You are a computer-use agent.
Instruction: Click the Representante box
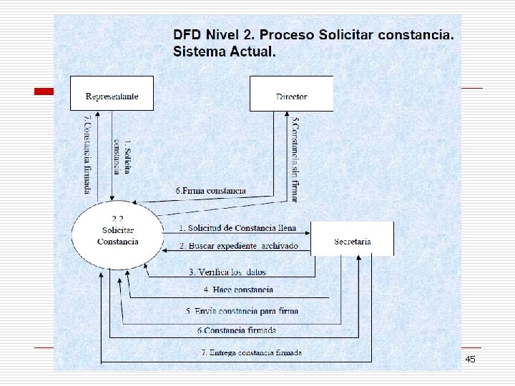click(112, 93)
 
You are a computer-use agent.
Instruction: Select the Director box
click(291, 94)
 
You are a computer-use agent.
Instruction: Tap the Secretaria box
click(352, 239)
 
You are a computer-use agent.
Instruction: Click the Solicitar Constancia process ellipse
click(117, 235)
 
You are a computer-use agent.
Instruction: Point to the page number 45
click(471, 359)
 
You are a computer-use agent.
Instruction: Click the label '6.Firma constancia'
click(210, 191)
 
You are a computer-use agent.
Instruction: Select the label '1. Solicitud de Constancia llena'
click(237, 228)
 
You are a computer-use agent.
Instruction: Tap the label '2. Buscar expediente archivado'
click(238, 246)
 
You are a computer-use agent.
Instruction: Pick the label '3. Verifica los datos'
click(227, 272)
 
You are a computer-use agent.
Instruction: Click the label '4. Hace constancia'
click(238, 289)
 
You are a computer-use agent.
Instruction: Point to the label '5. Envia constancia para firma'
click(242, 311)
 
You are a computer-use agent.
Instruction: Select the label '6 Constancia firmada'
click(237, 330)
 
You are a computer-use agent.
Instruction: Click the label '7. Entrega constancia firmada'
click(252, 353)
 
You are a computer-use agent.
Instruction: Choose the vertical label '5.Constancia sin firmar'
click(295, 160)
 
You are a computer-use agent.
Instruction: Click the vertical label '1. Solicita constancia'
click(122, 157)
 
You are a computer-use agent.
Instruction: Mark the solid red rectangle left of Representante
click(44, 91)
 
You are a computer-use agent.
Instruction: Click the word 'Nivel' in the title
click(222, 34)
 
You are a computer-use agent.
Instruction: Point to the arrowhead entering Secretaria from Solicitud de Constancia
click(308, 233)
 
